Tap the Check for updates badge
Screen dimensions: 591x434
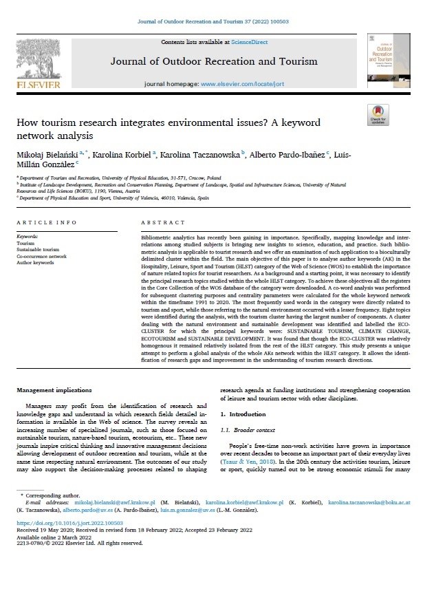coord(378,114)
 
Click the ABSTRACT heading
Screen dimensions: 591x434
coord(158,223)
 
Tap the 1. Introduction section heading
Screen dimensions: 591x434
coord(241,415)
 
